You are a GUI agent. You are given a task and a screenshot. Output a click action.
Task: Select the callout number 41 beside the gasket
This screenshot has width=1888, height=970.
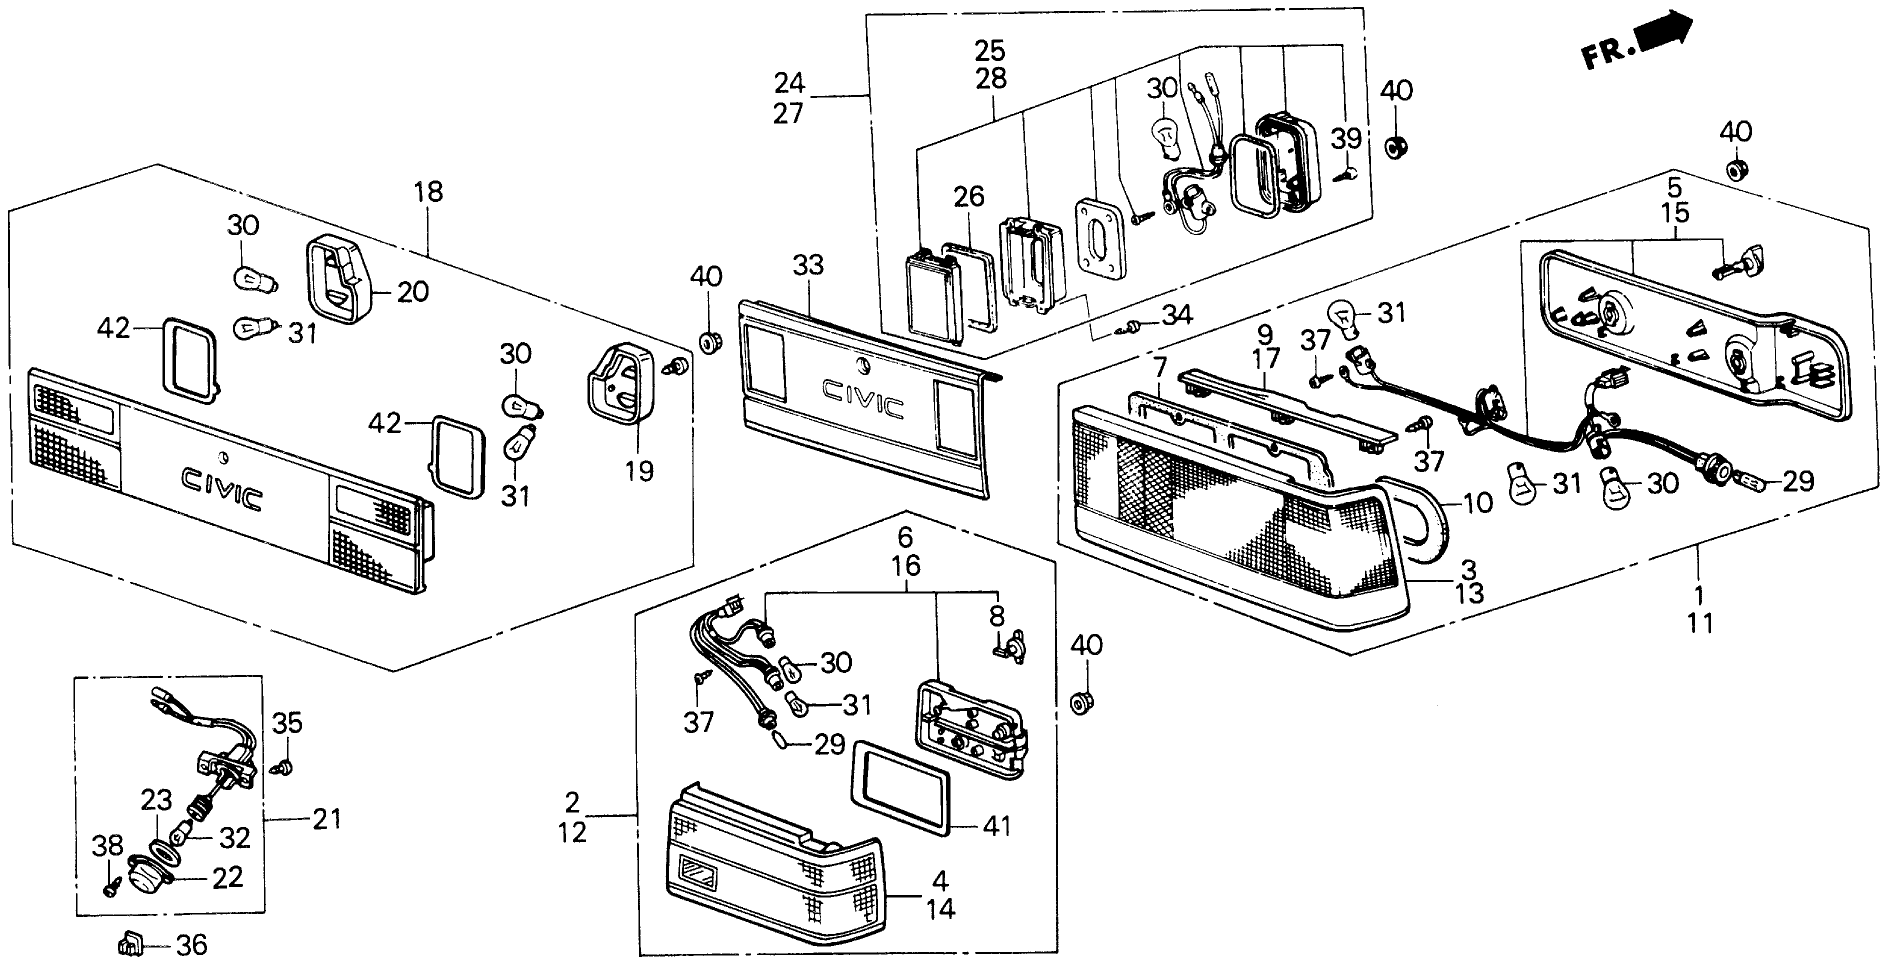[997, 827]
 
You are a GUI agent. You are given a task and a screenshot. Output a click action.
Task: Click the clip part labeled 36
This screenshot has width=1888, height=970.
[129, 944]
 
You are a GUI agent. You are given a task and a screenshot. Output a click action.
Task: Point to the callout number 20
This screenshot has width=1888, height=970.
[412, 292]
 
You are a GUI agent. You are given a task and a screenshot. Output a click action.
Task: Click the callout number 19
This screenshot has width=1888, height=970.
[638, 470]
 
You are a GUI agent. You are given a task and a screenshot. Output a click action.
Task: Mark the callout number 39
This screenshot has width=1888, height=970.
[1345, 138]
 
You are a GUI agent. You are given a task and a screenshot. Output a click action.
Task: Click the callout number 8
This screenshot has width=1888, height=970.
[997, 616]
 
